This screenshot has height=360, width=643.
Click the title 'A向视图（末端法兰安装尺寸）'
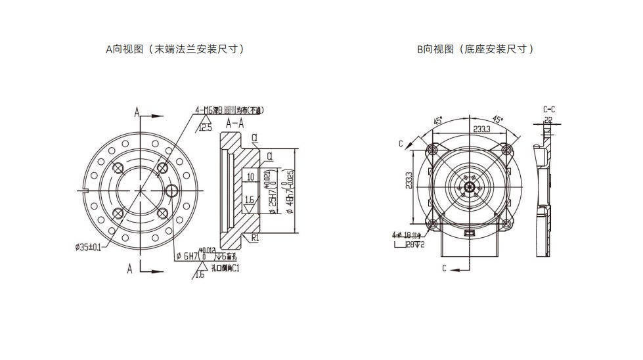[x=175, y=49]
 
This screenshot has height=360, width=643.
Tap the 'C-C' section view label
[x=549, y=109]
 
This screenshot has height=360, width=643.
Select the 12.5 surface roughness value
[x=206, y=127]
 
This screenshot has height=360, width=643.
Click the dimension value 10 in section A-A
[x=250, y=177]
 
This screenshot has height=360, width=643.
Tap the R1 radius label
[x=254, y=238]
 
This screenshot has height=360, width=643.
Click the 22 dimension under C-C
[x=548, y=120]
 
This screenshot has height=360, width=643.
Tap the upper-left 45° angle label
[x=437, y=121]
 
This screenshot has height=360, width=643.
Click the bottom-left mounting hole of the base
[x=433, y=225]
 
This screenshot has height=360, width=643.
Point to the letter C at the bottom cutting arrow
[x=445, y=268]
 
